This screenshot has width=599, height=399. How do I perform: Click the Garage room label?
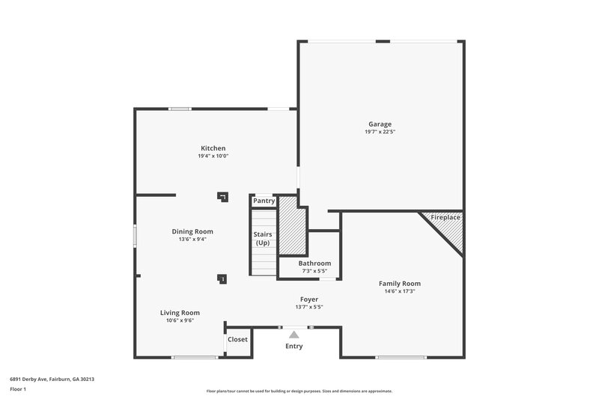[380, 124]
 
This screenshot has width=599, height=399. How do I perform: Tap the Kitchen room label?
[213, 148]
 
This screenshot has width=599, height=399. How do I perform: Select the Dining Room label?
[192, 231]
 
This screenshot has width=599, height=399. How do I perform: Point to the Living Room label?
[180, 312]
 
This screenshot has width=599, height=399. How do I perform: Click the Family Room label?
[399, 284]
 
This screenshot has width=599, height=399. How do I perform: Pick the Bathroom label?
[314, 264]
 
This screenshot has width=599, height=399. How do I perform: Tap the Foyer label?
[309, 299]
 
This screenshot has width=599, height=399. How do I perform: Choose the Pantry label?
[264, 201]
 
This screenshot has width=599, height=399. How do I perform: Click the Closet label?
[237, 339]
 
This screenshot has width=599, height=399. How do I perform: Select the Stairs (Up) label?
[263, 239]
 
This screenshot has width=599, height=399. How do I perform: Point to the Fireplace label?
[446, 217]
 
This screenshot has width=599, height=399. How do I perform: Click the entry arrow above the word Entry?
[294, 335]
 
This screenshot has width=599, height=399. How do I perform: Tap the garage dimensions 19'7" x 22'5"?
[380, 132]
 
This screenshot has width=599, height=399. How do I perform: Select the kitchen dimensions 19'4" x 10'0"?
[213, 156]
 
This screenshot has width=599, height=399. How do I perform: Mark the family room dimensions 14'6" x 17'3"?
[399, 291]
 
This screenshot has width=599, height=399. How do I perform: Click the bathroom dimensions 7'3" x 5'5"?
[314, 270]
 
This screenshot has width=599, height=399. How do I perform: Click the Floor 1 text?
[18, 389]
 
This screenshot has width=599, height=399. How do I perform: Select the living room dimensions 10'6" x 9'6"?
[180, 320]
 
